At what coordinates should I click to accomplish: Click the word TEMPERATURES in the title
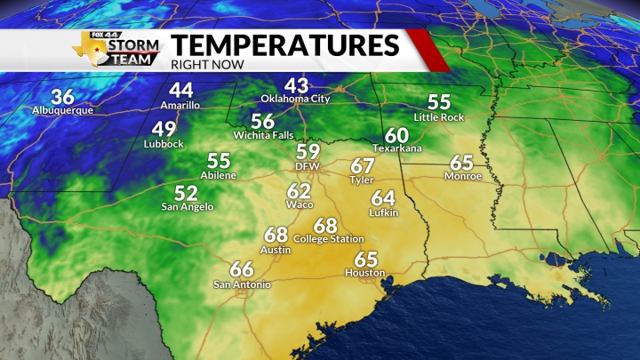[x=284, y=44]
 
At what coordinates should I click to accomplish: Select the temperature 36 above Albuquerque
[x=62, y=97]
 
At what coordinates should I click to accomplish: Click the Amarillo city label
[x=181, y=105]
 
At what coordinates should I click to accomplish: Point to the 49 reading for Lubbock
[x=164, y=129]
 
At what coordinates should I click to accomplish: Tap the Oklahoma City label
[x=295, y=99]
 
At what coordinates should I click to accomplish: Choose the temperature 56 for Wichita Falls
[x=262, y=121]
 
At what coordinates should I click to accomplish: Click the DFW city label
[x=308, y=166]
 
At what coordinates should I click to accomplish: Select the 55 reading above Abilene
[x=219, y=161]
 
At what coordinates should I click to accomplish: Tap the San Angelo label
[x=187, y=206]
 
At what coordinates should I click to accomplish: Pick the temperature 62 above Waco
[x=299, y=190]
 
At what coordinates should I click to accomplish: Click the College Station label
[x=329, y=239]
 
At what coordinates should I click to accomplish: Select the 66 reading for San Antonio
[x=242, y=269]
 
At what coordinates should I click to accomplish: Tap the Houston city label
[x=365, y=273]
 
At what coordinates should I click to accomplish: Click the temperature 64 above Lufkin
[x=383, y=197]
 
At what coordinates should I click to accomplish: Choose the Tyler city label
[x=362, y=180]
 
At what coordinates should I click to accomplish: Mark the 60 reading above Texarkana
[x=396, y=134]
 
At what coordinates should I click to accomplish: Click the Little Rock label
[x=439, y=117]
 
